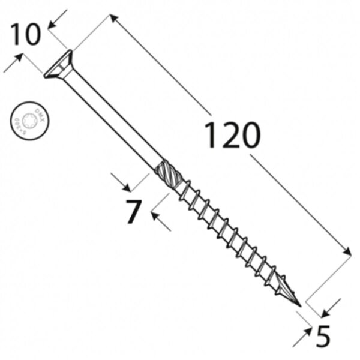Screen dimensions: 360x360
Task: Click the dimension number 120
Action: click(x=233, y=136)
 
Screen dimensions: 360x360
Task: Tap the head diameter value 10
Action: click(x=25, y=35)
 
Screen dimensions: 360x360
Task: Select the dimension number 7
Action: click(x=133, y=212)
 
